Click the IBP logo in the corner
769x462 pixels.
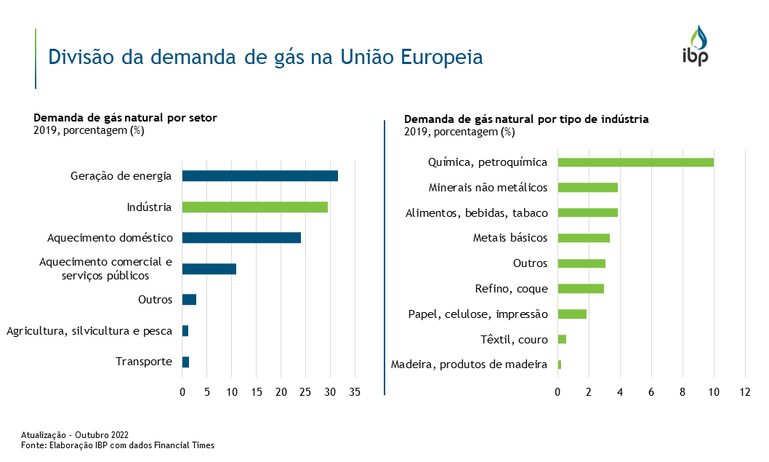[x=695, y=45]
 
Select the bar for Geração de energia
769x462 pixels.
[x=259, y=176]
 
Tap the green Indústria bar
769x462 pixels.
[x=254, y=207]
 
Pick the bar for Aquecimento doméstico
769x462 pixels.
[x=241, y=238]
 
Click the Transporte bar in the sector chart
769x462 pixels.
[x=185, y=362]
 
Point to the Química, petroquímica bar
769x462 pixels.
[x=635, y=162]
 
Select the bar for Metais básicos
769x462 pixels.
[x=584, y=238]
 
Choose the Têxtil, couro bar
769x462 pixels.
[x=562, y=339]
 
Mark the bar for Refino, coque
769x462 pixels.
[x=581, y=289]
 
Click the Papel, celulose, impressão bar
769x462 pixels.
[x=572, y=314]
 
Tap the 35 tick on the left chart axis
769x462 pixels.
[x=355, y=393]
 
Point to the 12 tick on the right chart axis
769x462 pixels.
[x=745, y=393]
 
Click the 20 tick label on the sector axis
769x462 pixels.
[x=281, y=393]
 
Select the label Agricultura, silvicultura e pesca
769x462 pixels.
[x=89, y=331]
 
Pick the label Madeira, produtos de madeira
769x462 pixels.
[x=469, y=365]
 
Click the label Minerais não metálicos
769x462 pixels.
[x=488, y=188]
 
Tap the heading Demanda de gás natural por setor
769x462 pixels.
[x=126, y=118]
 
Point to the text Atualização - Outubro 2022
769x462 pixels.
[x=75, y=434]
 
